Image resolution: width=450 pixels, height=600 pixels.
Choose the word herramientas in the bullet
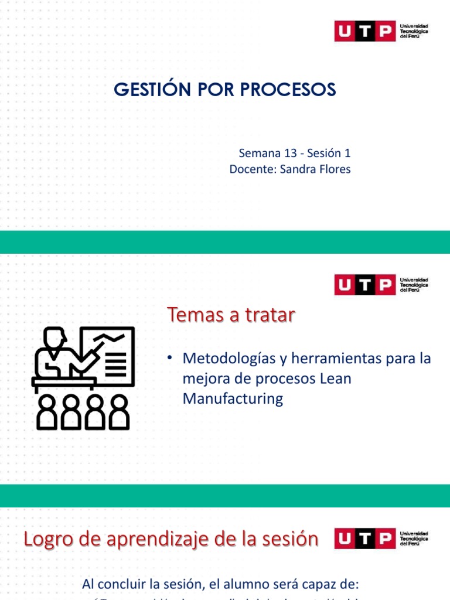(336, 358)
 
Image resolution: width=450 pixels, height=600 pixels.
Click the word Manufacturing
(233, 399)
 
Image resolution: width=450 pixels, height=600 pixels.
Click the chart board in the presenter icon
(108, 352)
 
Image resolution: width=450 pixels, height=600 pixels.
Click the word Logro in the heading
(46, 539)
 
